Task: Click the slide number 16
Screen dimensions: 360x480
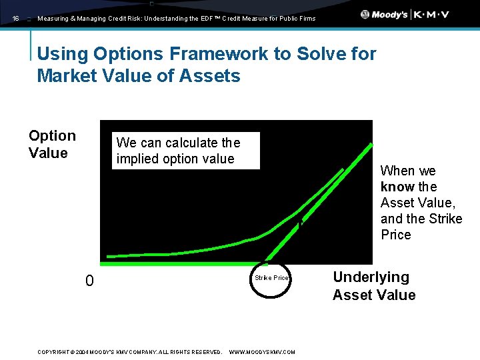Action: pos(16,19)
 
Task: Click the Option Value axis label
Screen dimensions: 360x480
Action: pos(52,144)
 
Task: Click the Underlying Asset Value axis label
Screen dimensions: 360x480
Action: pos(373,286)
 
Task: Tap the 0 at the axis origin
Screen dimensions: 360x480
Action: pos(89,281)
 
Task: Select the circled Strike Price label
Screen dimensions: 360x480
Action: pos(271,278)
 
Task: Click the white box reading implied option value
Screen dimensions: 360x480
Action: pos(185,151)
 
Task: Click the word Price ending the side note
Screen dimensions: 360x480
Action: pos(395,235)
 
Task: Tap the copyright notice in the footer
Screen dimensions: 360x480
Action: pos(130,352)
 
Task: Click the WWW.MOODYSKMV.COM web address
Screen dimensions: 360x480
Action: pos(262,352)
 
